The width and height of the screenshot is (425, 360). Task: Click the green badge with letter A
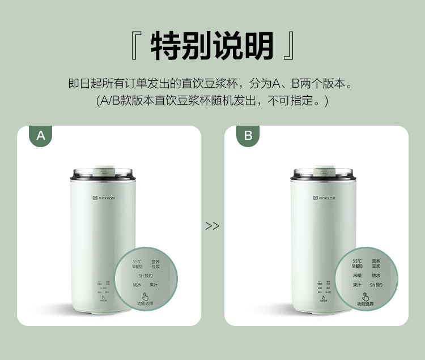click(x=40, y=136)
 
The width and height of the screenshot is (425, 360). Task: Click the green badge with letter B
click(x=248, y=136)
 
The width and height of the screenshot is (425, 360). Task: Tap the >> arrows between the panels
click(x=212, y=226)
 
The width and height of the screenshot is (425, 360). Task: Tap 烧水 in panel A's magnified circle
click(x=137, y=285)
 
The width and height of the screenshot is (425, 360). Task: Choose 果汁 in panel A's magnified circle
click(x=154, y=285)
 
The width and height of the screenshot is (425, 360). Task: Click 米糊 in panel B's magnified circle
click(x=357, y=275)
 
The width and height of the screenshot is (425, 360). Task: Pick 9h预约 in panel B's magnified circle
click(x=375, y=285)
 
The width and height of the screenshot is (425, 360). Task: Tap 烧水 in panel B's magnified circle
click(x=375, y=275)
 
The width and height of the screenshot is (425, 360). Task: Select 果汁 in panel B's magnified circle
click(x=357, y=285)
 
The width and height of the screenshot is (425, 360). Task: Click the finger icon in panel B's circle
click(x=365, y=296)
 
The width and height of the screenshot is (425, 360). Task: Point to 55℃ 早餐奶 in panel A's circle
click(x=137, y=264)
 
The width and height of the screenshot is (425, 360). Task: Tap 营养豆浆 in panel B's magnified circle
click(x=375, y=263)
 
